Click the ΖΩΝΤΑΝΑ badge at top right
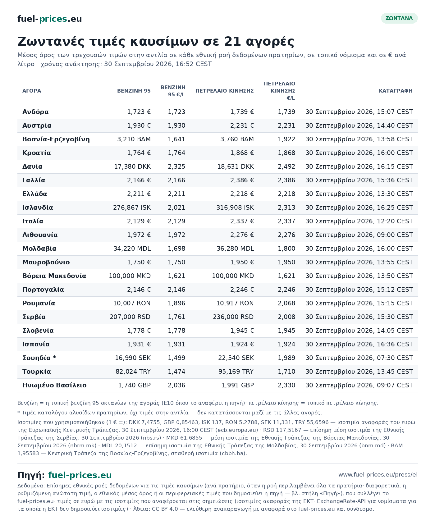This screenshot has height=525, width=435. [x=399, y=18]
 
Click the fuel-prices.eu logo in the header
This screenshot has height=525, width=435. [x=50, y=19]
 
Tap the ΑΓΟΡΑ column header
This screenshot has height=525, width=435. [x=32, y=91]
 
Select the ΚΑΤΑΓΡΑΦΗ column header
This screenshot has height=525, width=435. [x=396, y=91]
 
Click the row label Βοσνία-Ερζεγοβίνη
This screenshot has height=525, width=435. [x=56, y=139]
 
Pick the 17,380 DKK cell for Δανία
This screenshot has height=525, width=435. [x=132, y=167]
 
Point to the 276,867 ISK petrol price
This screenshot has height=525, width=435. [x=132, y=208]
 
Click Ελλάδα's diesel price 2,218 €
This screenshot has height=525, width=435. [x=242, y=194]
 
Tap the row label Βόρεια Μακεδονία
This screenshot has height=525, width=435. [x=54, y=276]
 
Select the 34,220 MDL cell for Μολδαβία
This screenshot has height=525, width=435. [x=132, y=249]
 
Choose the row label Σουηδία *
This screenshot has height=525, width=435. [x=39, y=358]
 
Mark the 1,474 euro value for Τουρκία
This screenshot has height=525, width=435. [x=176, y=372]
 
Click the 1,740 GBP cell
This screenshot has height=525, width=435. [x=135, y=385]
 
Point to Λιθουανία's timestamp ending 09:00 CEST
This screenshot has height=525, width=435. [x=359, y=235]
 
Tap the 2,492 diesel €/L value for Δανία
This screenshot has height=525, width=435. [x=286, y=167]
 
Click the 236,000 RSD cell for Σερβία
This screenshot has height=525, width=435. [x=233, y=317]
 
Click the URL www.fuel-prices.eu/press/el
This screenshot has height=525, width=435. [x=378, y=475]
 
